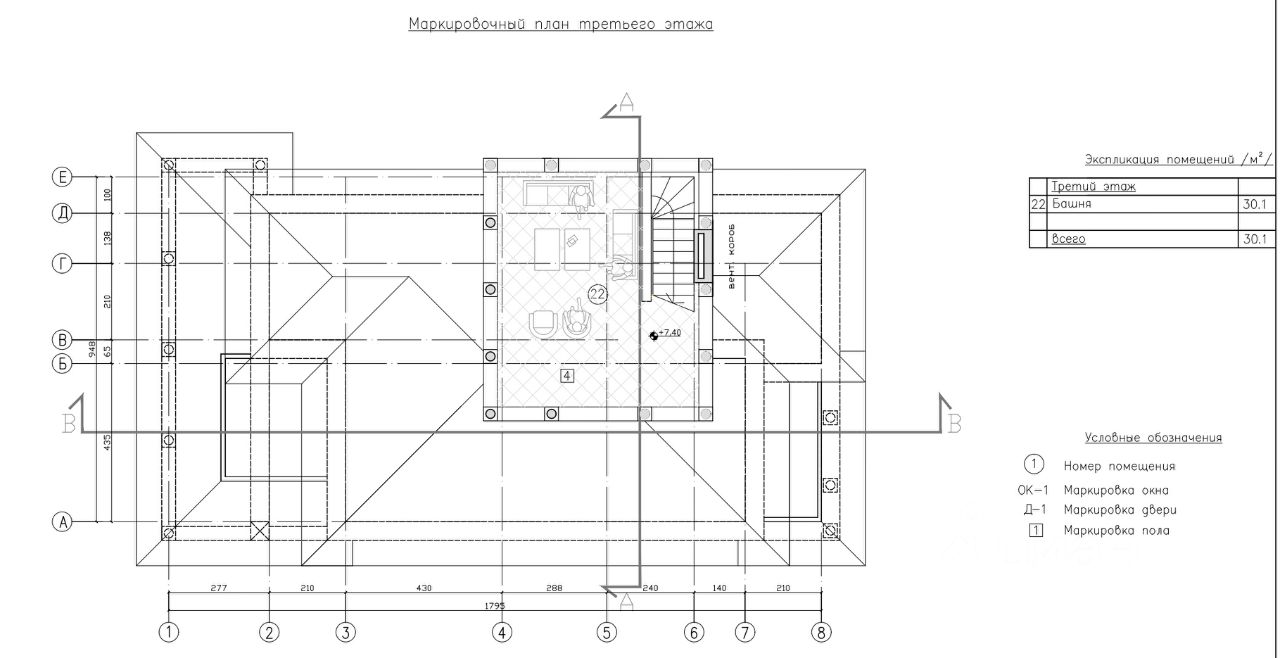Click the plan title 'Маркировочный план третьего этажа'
[x=560, y=24]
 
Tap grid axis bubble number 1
[x=170, y=632]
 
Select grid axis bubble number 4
[x=502, y=632]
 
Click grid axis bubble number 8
[x=822, y=632]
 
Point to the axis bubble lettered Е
[x=63, y=177]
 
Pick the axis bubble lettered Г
[x=63, y=263]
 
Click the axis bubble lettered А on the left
[x=63, y=521]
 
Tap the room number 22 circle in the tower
[x=598, y=294]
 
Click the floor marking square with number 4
[x=567, y=376]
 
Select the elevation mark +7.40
[x=668, y=333]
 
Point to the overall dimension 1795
[x=494, y=605]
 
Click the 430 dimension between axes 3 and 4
[x=423, y=588]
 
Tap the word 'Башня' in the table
[x=1071, y=203]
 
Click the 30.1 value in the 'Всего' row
[x=1255, y=239]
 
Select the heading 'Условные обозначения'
[x=1153, y=438]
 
